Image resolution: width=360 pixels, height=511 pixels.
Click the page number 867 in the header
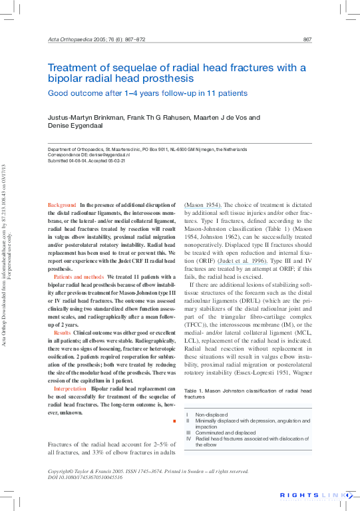307,40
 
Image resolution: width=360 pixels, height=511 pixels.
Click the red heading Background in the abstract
62,205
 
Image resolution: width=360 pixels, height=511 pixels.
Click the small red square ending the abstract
174,421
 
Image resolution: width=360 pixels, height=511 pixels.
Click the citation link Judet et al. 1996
242,261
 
